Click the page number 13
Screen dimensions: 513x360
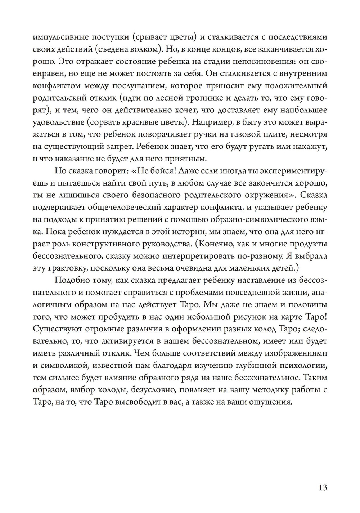(323, 488)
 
